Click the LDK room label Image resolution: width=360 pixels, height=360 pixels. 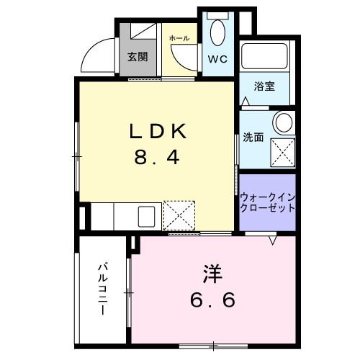click(159, 132)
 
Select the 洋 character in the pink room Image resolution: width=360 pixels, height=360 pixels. click(211, 274)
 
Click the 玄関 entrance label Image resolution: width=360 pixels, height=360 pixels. click(138, 57)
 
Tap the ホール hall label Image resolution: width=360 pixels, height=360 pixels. click(179, 38)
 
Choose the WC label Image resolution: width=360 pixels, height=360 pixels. click(218, 59)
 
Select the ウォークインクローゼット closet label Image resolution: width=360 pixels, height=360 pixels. click(267, 201)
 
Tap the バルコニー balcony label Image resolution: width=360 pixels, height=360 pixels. click(102, 289)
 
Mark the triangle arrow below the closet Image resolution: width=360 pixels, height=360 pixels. click(274, 240)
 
